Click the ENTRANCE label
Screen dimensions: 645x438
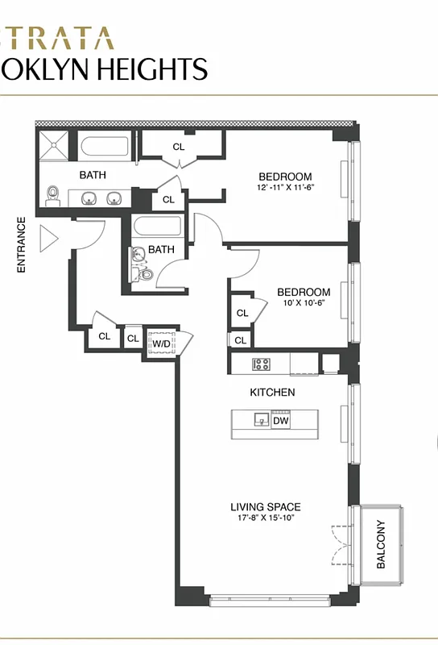point(22,245)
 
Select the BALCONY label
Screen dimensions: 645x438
point(381,544)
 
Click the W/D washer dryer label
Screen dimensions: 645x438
point(162,343)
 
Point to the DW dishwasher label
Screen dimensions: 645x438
point(280,420)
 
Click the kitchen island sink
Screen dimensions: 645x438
point(261,419)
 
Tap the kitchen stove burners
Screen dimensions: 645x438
point(262,364)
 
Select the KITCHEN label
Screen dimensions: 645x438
point(271,393)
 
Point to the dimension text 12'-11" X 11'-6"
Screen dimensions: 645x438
point(284,188)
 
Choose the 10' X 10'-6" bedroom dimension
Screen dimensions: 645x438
point(303,303)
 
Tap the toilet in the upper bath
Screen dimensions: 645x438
point(54,194)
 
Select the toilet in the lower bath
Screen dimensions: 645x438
point(145,274)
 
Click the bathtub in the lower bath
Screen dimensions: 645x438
point(158,226)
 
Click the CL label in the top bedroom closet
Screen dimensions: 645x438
point(179,147)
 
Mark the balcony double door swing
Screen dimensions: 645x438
point(340,546)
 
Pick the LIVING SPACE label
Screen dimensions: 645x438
point(265,507)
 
